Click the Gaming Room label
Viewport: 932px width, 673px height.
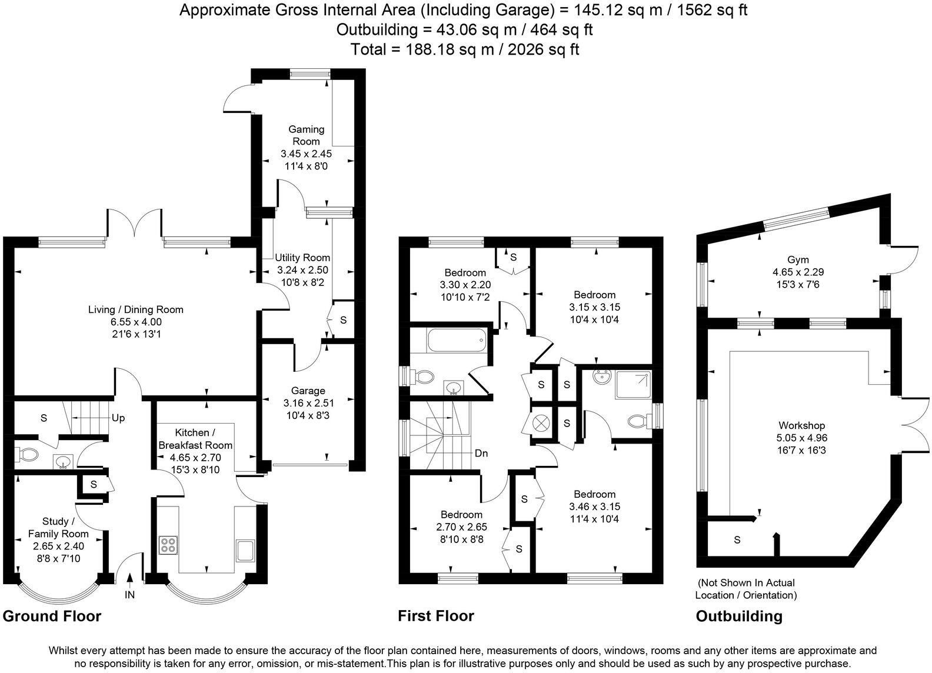pos(306,135)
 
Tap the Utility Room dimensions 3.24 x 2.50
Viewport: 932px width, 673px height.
pos(302,270)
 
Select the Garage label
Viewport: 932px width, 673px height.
pos(308,391)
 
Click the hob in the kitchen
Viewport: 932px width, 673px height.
pos(169,545)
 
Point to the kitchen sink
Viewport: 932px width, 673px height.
pos(245,550)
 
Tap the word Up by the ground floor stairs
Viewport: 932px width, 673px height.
pos(118,418)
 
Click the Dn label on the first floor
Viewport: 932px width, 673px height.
pos(482,454)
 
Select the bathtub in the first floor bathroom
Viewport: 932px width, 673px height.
pos(457,341)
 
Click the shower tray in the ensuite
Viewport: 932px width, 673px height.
pos(634,384)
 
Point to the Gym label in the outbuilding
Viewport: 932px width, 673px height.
pos(798,259)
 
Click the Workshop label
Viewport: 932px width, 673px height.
pos(801,425)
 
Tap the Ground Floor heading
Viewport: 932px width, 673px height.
pos(52,616)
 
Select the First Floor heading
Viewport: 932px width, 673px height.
pos(435,616)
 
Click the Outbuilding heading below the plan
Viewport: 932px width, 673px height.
pos(739,616)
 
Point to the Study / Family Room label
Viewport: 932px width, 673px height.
pos(58,528)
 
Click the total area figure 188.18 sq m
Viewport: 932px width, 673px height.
pos(448,49)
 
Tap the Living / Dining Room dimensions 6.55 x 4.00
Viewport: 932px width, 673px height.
pos(136,322)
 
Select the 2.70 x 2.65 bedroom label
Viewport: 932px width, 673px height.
pos(461,527)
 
